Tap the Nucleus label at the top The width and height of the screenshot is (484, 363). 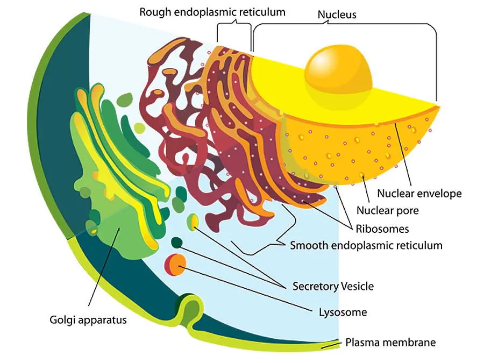click(x=337, y=15)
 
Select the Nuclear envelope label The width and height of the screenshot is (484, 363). click(x=419, y=193)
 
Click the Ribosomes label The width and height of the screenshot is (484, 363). click(x=385, y=229)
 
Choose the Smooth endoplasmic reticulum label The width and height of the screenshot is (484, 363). click(x=366, y=246)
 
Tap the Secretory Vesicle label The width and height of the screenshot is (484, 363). click(x=332, y=286)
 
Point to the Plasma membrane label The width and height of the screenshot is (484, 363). click(x=390, y=342)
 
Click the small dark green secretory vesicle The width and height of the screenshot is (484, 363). click(x=176, y=243)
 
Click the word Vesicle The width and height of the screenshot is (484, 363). click(x=357, y=286)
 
